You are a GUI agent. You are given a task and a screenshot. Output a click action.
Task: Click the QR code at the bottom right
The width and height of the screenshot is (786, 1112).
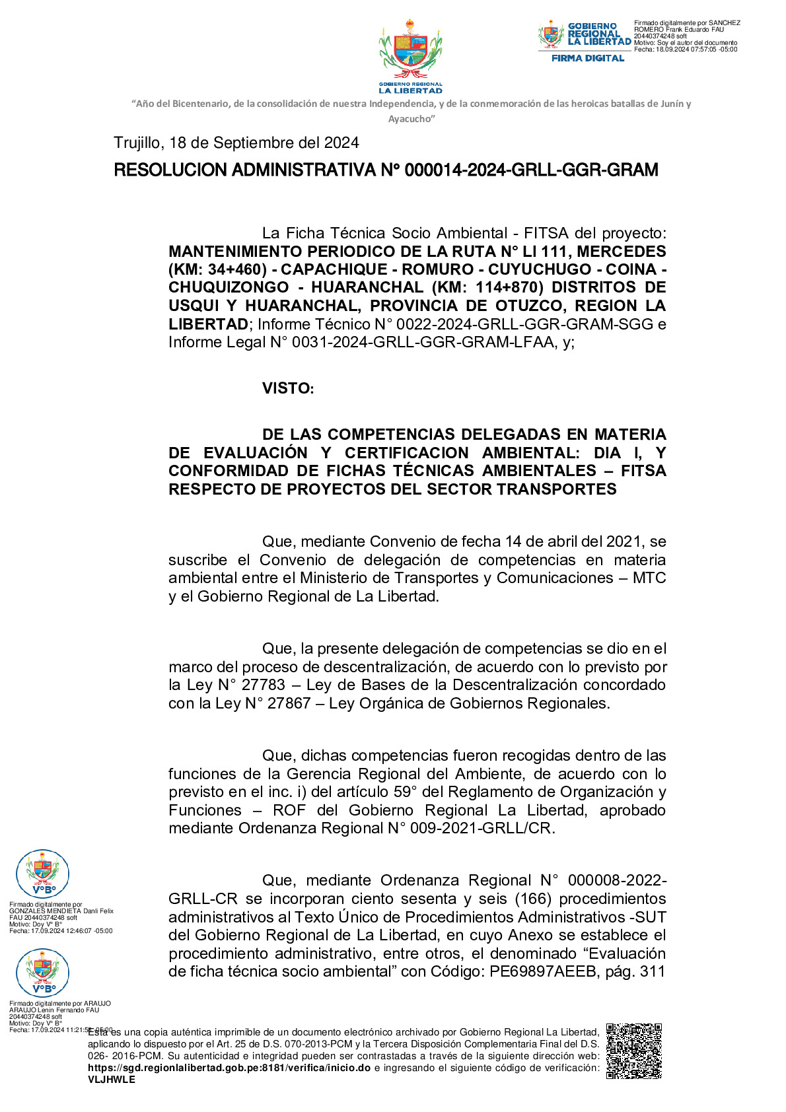633,1051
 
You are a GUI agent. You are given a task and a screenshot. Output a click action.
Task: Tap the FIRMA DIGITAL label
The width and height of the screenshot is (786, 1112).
588,58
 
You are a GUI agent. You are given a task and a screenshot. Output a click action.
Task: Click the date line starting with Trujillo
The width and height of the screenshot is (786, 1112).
236,143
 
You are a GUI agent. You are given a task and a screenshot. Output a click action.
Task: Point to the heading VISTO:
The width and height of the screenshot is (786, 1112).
288,388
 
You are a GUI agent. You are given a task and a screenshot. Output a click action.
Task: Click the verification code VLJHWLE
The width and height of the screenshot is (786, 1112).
112,1079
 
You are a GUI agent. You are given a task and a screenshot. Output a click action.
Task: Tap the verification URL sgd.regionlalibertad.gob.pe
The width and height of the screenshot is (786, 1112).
229,1068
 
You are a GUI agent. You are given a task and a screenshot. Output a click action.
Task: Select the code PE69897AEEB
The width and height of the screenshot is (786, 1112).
542,971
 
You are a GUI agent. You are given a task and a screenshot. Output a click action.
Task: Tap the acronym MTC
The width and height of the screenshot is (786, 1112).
649,578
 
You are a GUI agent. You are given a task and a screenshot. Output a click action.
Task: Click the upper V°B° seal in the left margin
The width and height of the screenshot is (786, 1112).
42,873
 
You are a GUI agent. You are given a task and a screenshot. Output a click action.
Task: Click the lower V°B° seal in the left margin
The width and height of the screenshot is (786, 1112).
42,972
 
